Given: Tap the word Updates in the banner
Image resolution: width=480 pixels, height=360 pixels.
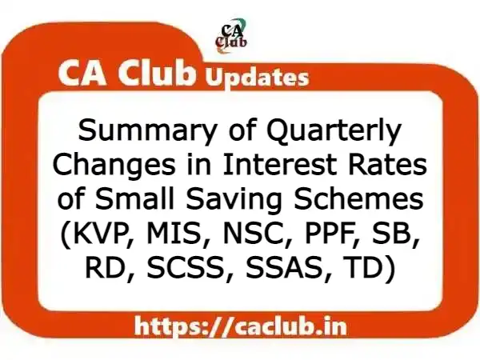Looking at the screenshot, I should [257, 78].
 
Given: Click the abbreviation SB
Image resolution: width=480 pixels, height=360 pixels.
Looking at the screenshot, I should [374, 236].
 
